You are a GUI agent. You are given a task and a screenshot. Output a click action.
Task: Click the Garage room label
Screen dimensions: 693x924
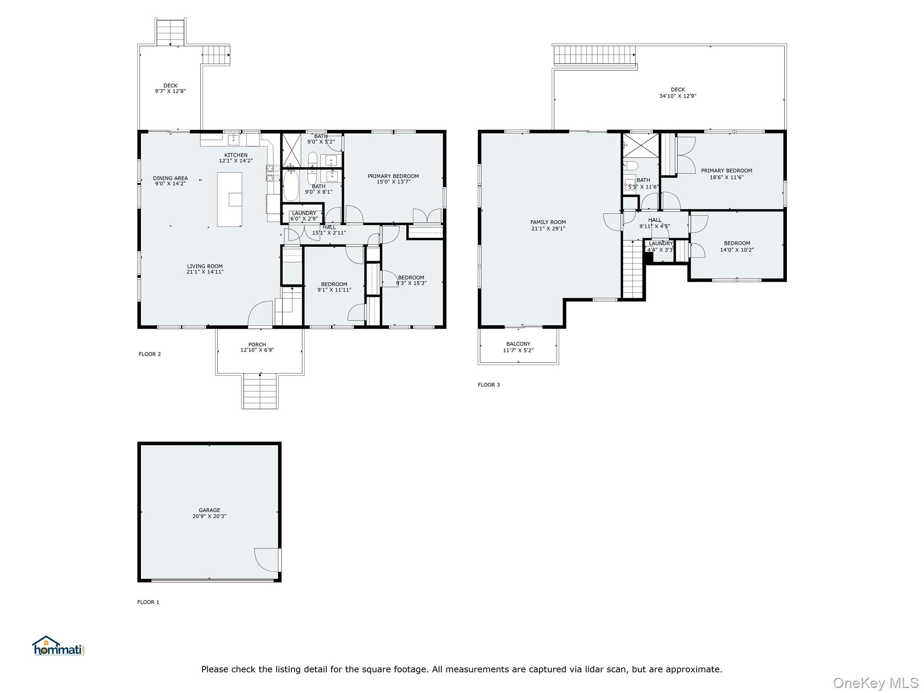[209, 510]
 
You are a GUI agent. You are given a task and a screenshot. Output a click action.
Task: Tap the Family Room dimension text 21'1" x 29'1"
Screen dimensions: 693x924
[548, 229]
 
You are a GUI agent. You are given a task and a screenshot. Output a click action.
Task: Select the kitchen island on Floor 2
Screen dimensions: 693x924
[229, 199]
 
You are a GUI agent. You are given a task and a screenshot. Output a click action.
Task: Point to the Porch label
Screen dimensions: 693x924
[257, 344]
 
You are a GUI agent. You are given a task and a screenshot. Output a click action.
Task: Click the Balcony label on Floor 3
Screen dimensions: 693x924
[518, 344]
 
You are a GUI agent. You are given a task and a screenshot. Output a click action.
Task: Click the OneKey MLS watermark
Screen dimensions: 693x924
[875, 683]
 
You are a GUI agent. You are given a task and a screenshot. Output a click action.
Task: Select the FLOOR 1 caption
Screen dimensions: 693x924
[148, 602]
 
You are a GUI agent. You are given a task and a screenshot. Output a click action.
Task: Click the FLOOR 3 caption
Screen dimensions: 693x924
[489, 385]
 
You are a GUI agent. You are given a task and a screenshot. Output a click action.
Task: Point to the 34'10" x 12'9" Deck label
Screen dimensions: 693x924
[678, 93]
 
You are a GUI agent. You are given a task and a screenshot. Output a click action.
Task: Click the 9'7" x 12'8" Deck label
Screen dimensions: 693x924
[170, 88]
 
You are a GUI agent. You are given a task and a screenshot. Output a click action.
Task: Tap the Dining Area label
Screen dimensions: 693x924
[170, 178]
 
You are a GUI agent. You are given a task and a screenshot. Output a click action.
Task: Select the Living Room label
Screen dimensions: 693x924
[205, 266]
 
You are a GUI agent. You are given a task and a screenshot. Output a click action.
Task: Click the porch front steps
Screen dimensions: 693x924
[260, 392]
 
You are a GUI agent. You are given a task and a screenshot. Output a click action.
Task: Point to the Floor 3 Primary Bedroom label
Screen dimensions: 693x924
[726, 171]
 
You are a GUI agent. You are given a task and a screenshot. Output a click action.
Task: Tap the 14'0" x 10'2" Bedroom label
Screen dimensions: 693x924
[737, 246]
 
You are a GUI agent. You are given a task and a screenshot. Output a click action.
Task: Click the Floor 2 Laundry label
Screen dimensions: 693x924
[304, 213]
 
